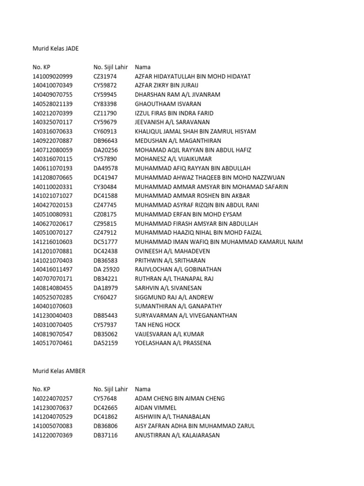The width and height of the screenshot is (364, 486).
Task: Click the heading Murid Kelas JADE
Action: point(55,48)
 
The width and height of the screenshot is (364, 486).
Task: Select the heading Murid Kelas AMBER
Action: point(59,371)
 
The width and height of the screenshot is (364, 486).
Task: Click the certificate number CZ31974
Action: point(105,76)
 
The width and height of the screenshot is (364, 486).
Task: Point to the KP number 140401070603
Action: point(53,306)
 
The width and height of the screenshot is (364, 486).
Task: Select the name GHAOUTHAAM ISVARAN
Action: point(168,104)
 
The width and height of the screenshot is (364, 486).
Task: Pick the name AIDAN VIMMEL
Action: point(155,408)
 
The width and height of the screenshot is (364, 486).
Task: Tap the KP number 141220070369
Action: point(53,435)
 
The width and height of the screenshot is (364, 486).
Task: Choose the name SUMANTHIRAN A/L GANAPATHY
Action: point(178,306)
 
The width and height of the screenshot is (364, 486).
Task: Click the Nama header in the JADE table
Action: point(143,67)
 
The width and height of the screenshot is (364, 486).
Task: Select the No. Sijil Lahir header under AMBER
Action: point(111,389)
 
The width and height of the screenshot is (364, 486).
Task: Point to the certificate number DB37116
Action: point(105,435)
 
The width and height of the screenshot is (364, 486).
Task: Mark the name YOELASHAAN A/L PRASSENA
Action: point(173,343)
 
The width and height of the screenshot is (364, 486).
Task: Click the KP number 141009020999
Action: point(53,76)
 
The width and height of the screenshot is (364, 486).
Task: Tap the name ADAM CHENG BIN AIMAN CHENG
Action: point(180,399)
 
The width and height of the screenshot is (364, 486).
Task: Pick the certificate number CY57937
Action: point(105,325)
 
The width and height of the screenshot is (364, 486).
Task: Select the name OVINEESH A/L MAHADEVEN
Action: point(173,251)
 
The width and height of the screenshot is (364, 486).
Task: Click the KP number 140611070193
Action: point(53,168)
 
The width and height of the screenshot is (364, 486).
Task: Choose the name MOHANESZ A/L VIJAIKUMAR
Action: point(173,159)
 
